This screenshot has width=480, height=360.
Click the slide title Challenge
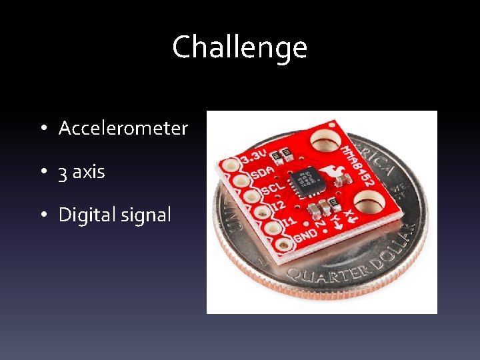[239, 47]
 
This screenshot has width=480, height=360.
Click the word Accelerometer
[123, 128]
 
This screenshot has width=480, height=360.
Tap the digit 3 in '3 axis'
[62, 173]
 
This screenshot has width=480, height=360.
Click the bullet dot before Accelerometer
[42, 129]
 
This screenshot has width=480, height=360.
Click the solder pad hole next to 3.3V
[231, 164]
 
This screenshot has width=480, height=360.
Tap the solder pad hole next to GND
[285, 245]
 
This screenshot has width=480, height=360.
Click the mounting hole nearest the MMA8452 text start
[325, 141]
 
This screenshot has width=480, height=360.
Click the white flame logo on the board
[330, 176]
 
